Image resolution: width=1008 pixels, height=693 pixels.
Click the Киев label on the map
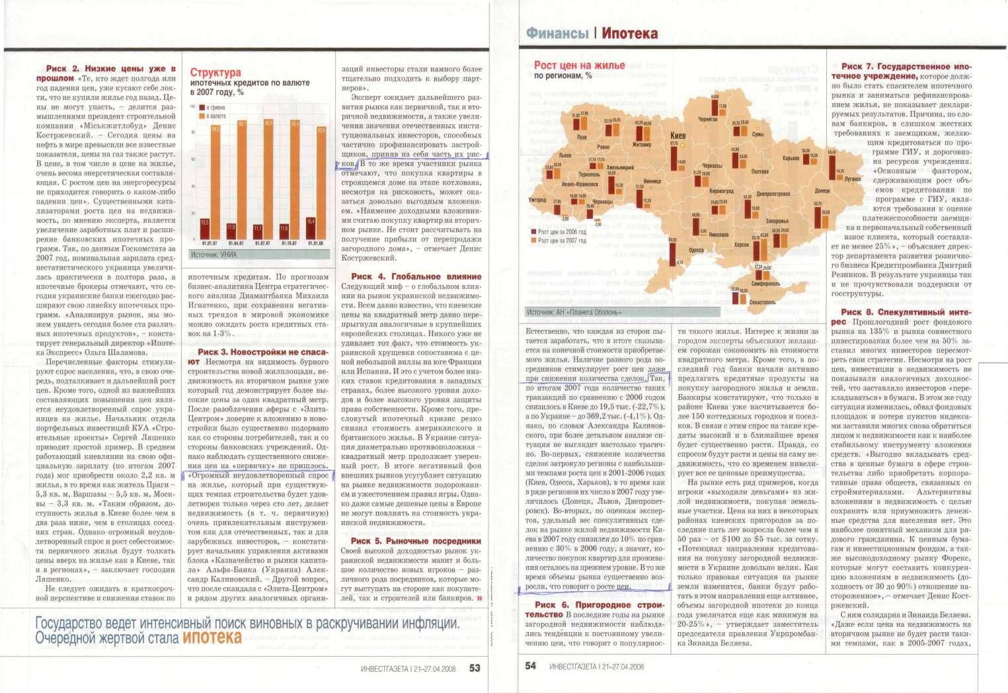click(x=678, y=135)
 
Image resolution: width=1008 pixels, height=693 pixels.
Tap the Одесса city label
click(x=696, y=250)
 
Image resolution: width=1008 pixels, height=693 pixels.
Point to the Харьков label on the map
click(x=791, y=158)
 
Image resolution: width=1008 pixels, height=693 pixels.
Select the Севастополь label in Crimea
click(x=763, y=302)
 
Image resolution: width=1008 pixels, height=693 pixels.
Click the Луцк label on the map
click(x=582, y=138)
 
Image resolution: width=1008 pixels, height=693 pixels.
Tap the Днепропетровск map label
click(x=773, y=194)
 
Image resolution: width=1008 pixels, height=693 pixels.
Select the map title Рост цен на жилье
click(x=579, y=65)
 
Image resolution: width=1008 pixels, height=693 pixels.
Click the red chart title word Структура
click(x=215, y=72)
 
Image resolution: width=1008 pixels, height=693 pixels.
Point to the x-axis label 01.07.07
click(x=258, y=243)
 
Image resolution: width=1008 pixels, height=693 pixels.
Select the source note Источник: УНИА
click(x=213, y=254)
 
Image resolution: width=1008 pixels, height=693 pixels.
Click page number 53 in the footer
click(x=475, y=667)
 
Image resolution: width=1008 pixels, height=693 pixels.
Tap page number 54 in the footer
click(x=531, y=666)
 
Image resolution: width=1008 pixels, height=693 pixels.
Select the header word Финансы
click(x=557, y=33)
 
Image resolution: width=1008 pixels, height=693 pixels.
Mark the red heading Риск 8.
click(x=860, y=312)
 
